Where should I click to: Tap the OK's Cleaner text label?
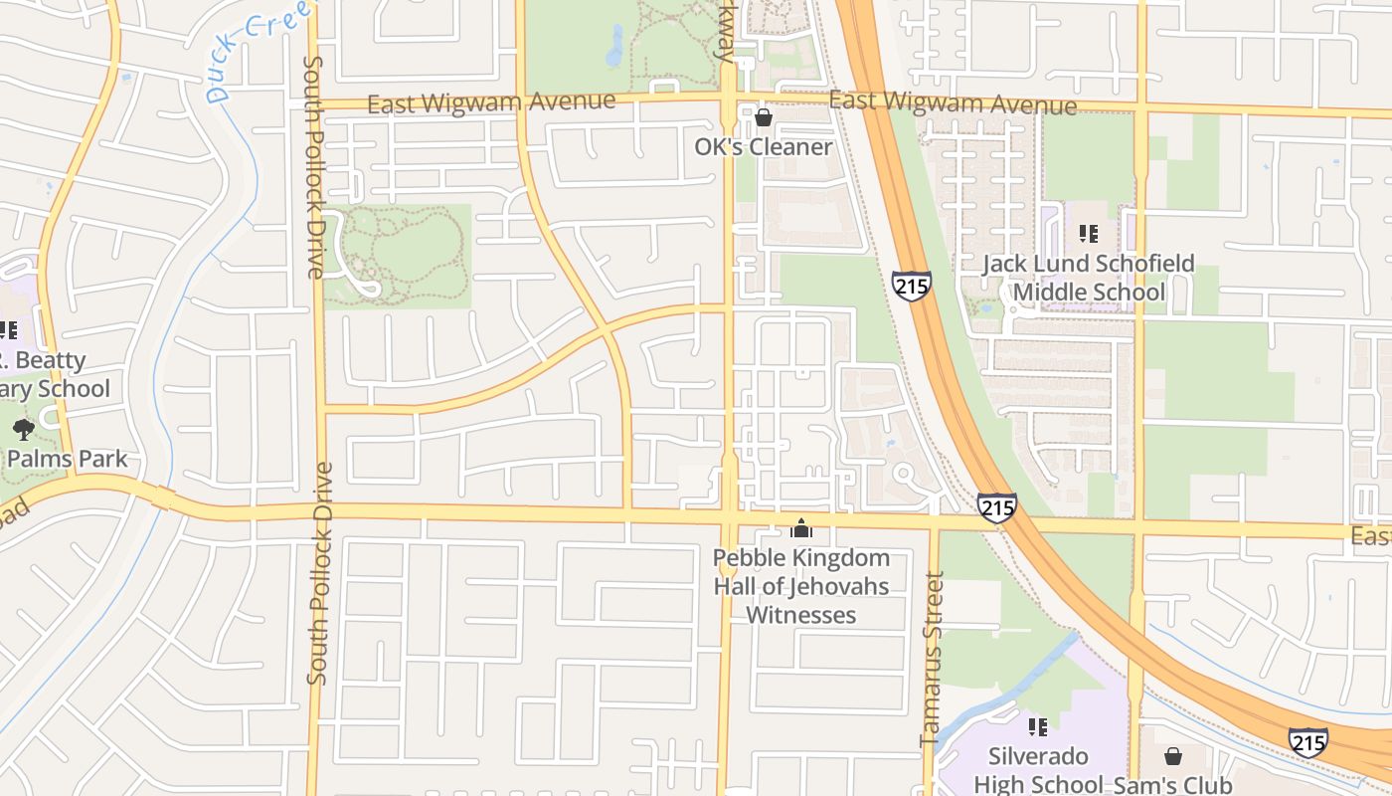click(763, 147)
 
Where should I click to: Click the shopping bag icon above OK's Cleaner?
click(763, 118)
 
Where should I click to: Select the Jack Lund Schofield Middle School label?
click(1088, 278)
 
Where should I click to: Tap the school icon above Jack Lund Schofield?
click(1088, 234)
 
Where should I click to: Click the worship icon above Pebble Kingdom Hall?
click(800, 528)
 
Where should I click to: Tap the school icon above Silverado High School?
click(1038, 727)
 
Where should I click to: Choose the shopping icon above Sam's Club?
click(1172, 756)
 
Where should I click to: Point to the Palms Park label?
click(68, 459)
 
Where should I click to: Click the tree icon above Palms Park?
click(23, 430)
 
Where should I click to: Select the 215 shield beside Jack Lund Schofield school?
click(911, 286)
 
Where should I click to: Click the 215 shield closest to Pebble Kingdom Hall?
click(996, 507)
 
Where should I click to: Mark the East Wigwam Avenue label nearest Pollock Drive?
click(491, 101)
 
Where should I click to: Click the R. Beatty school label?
click(50, 374)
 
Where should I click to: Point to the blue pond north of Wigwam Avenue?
click(614, 45)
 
